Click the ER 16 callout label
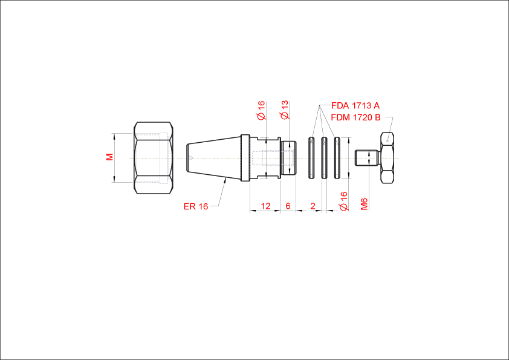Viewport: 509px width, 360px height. [x=196, y=206]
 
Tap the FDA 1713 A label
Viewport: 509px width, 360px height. [x=355, y=106]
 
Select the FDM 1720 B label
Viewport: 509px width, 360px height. [x=355, y=117]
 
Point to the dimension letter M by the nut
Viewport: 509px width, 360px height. [x=110, y=157]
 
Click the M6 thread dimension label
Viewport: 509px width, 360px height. [x=365, y=204]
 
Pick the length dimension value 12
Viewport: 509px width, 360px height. [x=265, y=206]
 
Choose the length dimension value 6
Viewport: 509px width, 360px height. [x=288, y=206]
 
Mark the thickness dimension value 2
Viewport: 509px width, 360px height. [x=313, y=206]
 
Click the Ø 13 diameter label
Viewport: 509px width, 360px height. [x=284, y=110]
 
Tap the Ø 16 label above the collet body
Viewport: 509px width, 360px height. [x=261, y=111]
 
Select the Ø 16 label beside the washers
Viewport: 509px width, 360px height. [x=343, y=201]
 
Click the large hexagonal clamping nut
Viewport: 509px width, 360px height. [x=154, y=158]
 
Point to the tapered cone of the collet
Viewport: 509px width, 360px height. [x=213, y=158]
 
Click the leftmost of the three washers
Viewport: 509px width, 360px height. [x=311, y=158]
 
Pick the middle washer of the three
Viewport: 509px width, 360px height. [x=324, y=158]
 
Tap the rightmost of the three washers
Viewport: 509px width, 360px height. [x=337, y=158]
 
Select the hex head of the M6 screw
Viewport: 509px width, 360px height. [x=387, y=158]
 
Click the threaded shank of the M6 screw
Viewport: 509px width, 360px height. [x=367, y=158]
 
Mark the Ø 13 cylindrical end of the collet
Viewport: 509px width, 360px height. [x=288, y=158]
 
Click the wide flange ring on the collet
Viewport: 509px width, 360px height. [x=245, y=158]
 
